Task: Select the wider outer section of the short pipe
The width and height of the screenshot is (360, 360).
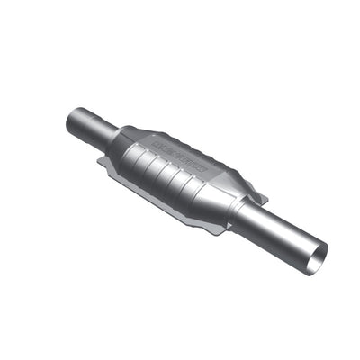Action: (x=86, y=123)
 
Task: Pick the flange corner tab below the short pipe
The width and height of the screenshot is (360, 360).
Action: (x=105, y=163)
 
